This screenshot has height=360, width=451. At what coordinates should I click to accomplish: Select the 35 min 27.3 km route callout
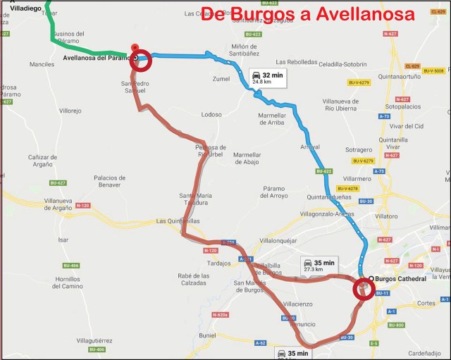point(319,265)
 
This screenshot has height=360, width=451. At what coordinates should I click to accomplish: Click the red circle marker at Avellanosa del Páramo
point(141,59)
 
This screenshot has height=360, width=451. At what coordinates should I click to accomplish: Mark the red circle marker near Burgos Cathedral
point(364,289)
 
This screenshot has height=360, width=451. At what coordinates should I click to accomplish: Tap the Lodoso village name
point(211,114)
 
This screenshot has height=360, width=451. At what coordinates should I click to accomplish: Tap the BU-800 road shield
point(396,325)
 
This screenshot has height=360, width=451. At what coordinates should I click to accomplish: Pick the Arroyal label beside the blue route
point(310,147)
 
